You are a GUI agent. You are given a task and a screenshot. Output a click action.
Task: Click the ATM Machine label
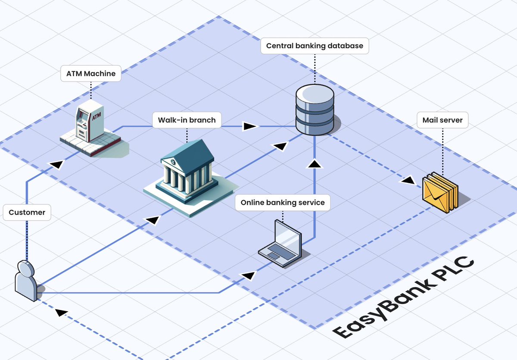(91, 74)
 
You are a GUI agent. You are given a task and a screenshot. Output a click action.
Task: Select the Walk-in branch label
(187, 120)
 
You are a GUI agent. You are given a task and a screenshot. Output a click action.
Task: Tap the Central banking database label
(315, 46)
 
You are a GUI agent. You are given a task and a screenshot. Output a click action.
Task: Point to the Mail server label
(442, 120)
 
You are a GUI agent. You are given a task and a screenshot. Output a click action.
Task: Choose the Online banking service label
(283, 203)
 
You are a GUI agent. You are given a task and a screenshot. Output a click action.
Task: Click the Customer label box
(27, 213)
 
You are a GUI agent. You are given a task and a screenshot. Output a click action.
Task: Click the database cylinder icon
(315, 110)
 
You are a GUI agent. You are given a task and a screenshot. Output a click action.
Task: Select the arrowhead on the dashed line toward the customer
(62, 313)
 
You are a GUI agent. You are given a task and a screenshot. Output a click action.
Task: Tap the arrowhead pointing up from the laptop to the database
(315, 163)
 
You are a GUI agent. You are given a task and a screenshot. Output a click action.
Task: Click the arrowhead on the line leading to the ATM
(57, 164)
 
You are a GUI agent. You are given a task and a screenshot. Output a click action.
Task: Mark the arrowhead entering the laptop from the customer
(249, 274)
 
